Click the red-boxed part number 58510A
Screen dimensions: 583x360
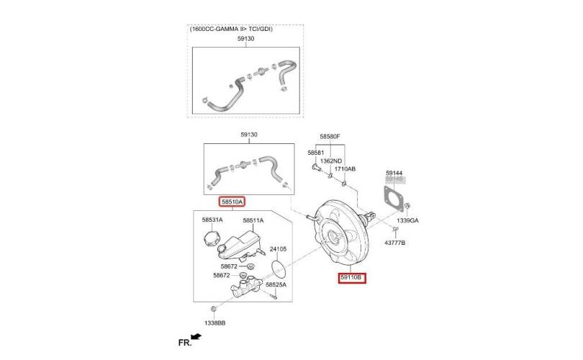(x=232, y=202)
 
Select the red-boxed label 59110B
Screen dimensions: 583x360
(x=352, y=278)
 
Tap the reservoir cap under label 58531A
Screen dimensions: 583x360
(x=212, y=238)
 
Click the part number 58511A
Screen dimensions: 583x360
(x=253, y=220)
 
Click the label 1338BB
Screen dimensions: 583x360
(x=215, y=323)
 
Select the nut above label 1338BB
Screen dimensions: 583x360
(x=214, y=309)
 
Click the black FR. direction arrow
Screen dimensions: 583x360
(x=196, y=337)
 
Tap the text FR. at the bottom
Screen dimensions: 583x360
(x=185, y=343)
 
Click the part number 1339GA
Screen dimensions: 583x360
(x=407, y=220)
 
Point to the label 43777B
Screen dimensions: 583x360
(x=395, y=243)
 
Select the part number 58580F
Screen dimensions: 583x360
(x=330, y=137)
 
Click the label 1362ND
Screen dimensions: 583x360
(x=331, y=161)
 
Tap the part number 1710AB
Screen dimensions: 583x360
(x=345, y=169)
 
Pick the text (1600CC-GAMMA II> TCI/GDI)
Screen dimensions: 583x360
(x=231, y=29)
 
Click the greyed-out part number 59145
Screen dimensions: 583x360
(x=394, y=179)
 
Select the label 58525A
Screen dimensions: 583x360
(x=276, y=284)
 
